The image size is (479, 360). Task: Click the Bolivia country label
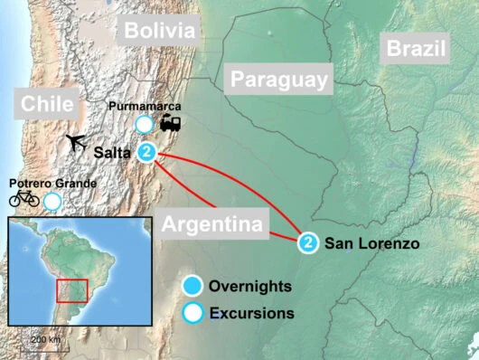click(x=159, y=32)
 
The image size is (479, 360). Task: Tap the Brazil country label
click(x=417, y=48)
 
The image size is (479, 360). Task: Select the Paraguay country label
click(x=278, y=80)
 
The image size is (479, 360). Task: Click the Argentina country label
click(x=213, y=225)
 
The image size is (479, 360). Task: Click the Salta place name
click(x=114, y=152)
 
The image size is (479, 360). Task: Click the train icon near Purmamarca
click(x=169, y=124)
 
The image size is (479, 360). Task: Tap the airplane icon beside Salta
click(x=78, y=143)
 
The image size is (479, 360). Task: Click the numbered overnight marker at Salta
click(x=148, y=151)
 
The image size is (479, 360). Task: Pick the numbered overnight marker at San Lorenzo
click(x=308, y=242)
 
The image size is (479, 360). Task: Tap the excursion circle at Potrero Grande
click(x=53, y=199)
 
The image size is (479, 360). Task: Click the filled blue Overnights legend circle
click(x=191, y=287)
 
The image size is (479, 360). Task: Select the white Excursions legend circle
click(x=191, y=314)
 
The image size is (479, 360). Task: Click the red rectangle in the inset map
click(x=71, y=291)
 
